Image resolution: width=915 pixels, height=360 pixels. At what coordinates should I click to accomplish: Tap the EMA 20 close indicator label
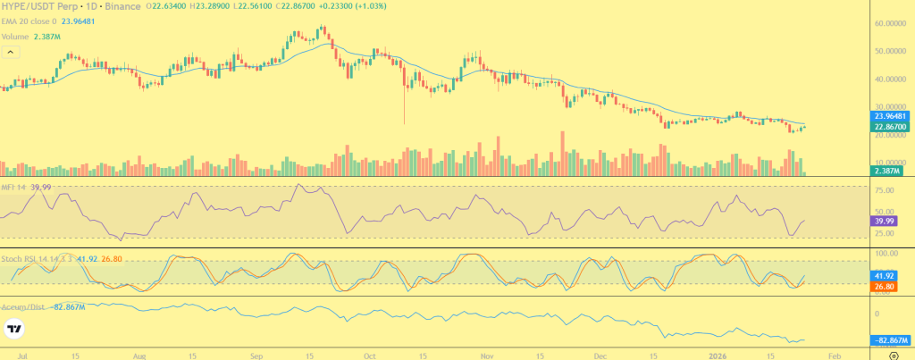point(31,21)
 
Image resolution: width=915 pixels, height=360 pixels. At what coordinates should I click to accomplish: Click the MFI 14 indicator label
point(14,187)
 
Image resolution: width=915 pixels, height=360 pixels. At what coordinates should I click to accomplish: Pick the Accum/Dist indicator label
point(22,306)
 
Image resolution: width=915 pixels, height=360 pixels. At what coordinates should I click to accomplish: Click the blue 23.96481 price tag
point(890,116)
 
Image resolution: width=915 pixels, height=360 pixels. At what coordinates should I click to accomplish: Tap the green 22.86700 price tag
point(890,127)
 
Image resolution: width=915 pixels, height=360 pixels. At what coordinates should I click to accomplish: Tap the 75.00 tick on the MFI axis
point(885,190)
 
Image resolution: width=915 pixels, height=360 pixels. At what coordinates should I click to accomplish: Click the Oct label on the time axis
point(370,354)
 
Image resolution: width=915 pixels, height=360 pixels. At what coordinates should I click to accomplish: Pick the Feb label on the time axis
point(832,354)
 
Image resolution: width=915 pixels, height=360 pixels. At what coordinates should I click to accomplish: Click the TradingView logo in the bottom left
point(13,330)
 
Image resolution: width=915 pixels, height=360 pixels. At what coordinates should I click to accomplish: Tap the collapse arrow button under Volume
point(11,53)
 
